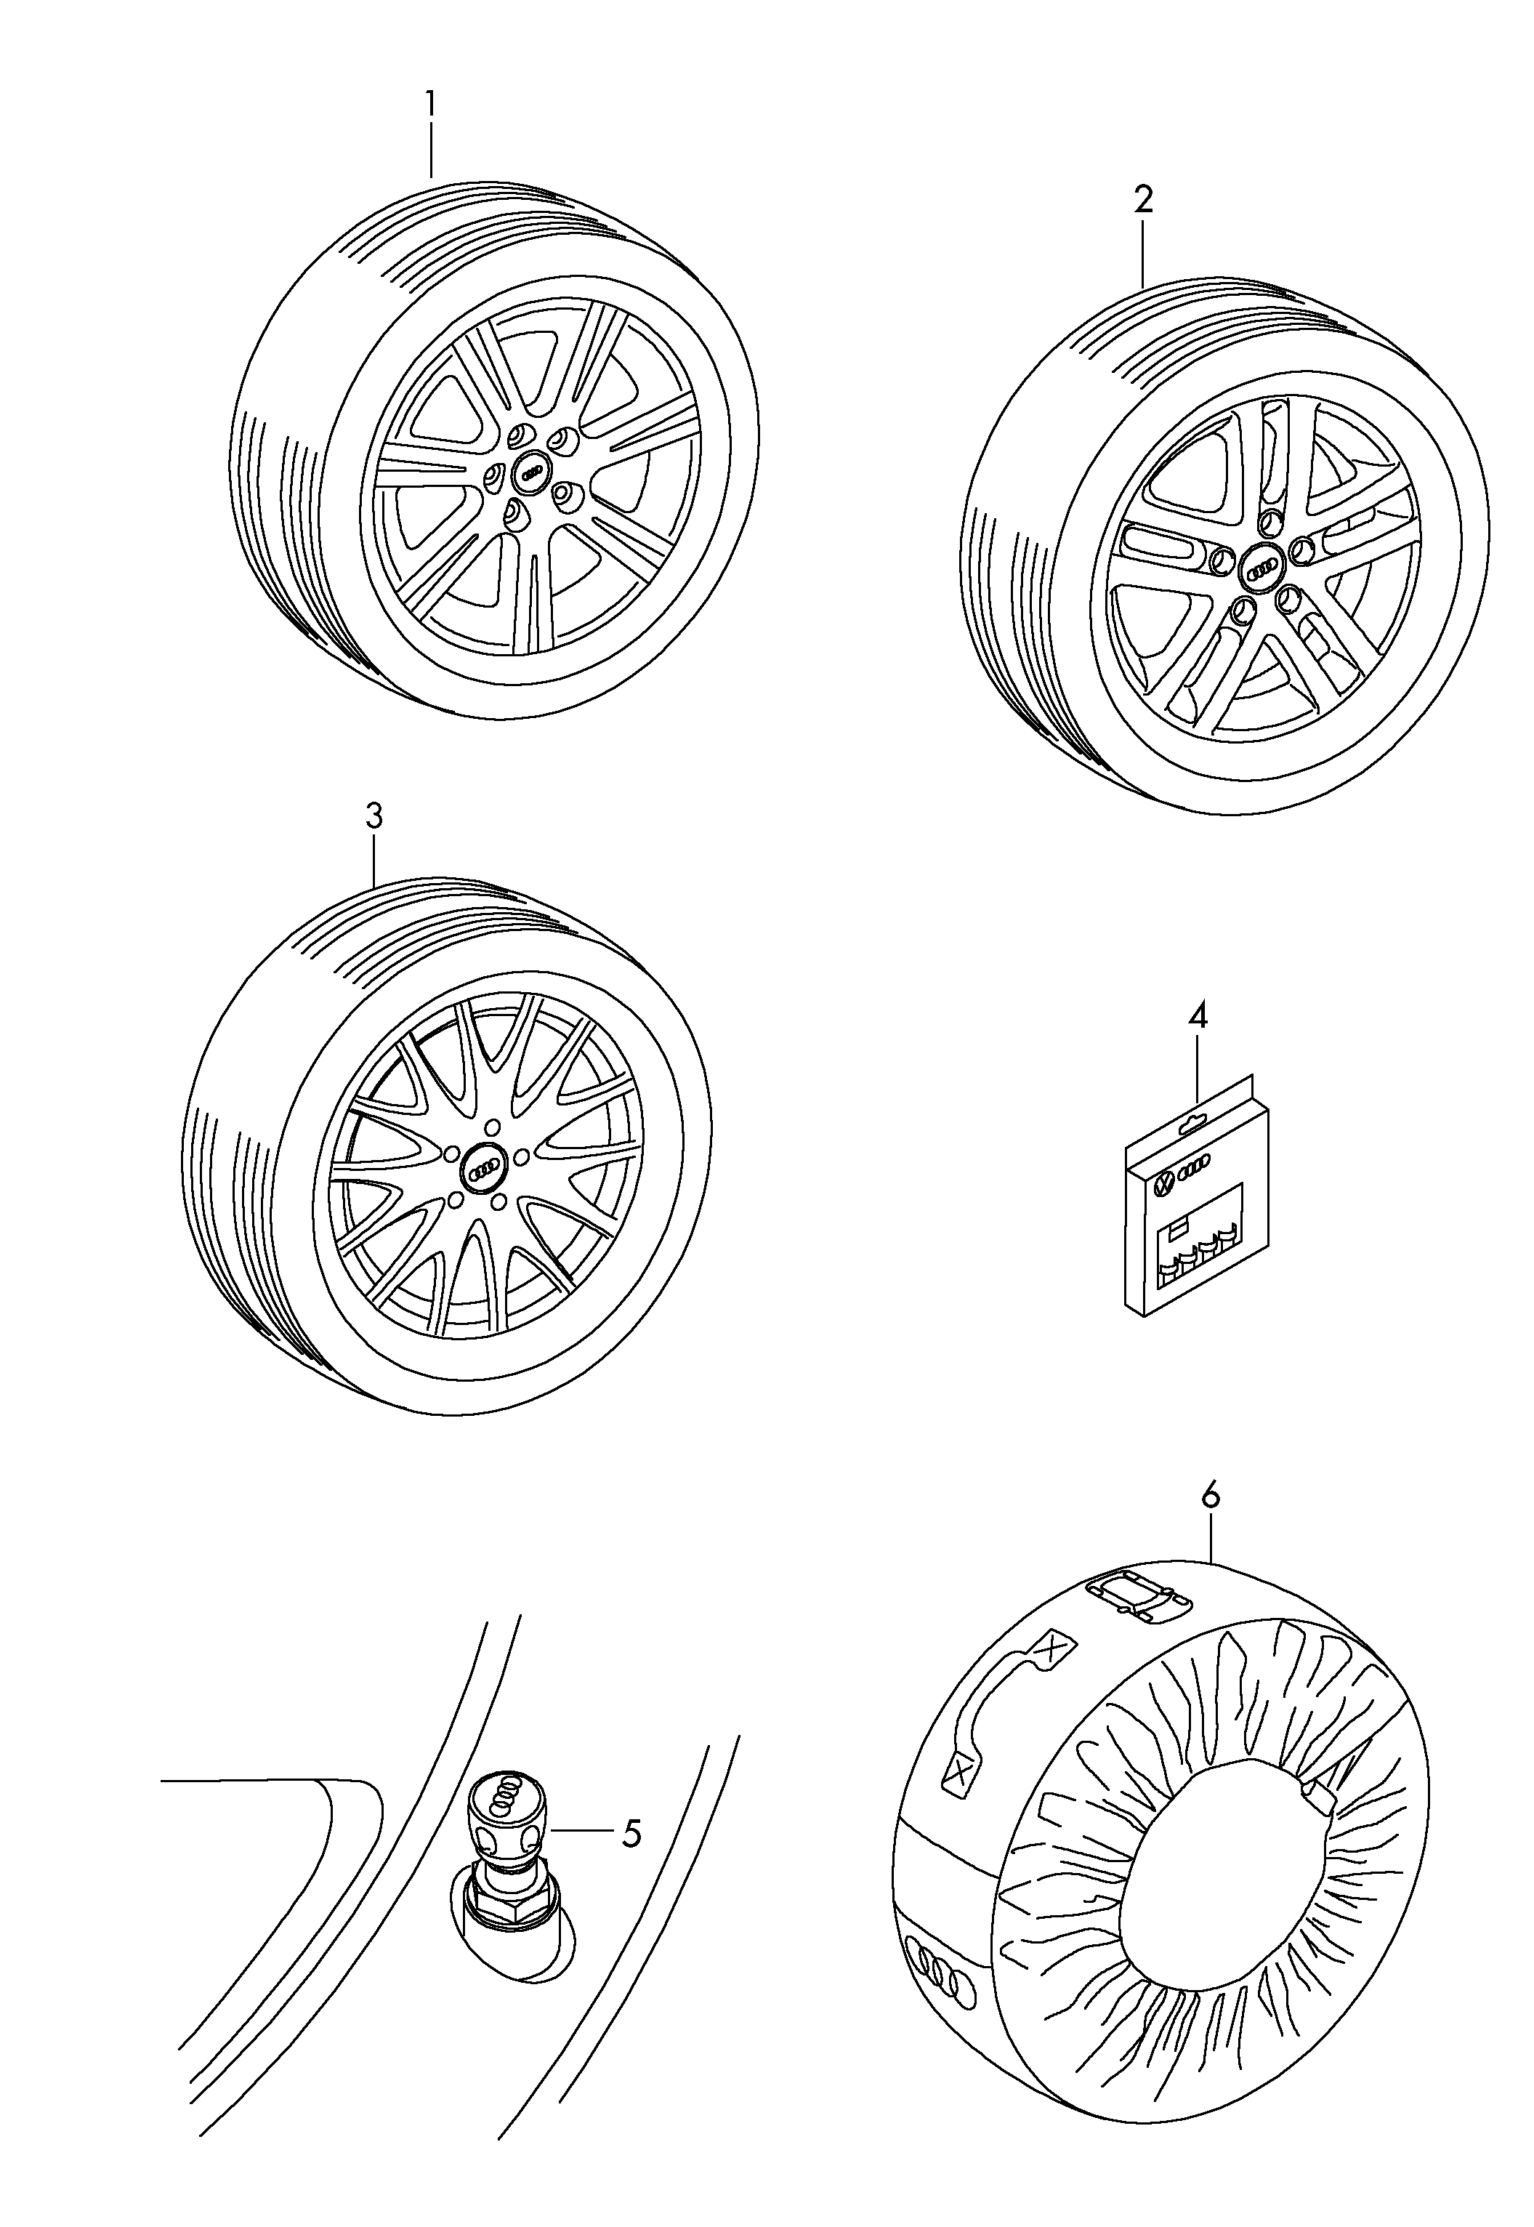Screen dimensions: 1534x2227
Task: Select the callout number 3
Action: (374, 816)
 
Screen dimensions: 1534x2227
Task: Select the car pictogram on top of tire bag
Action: (1138, 1598)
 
